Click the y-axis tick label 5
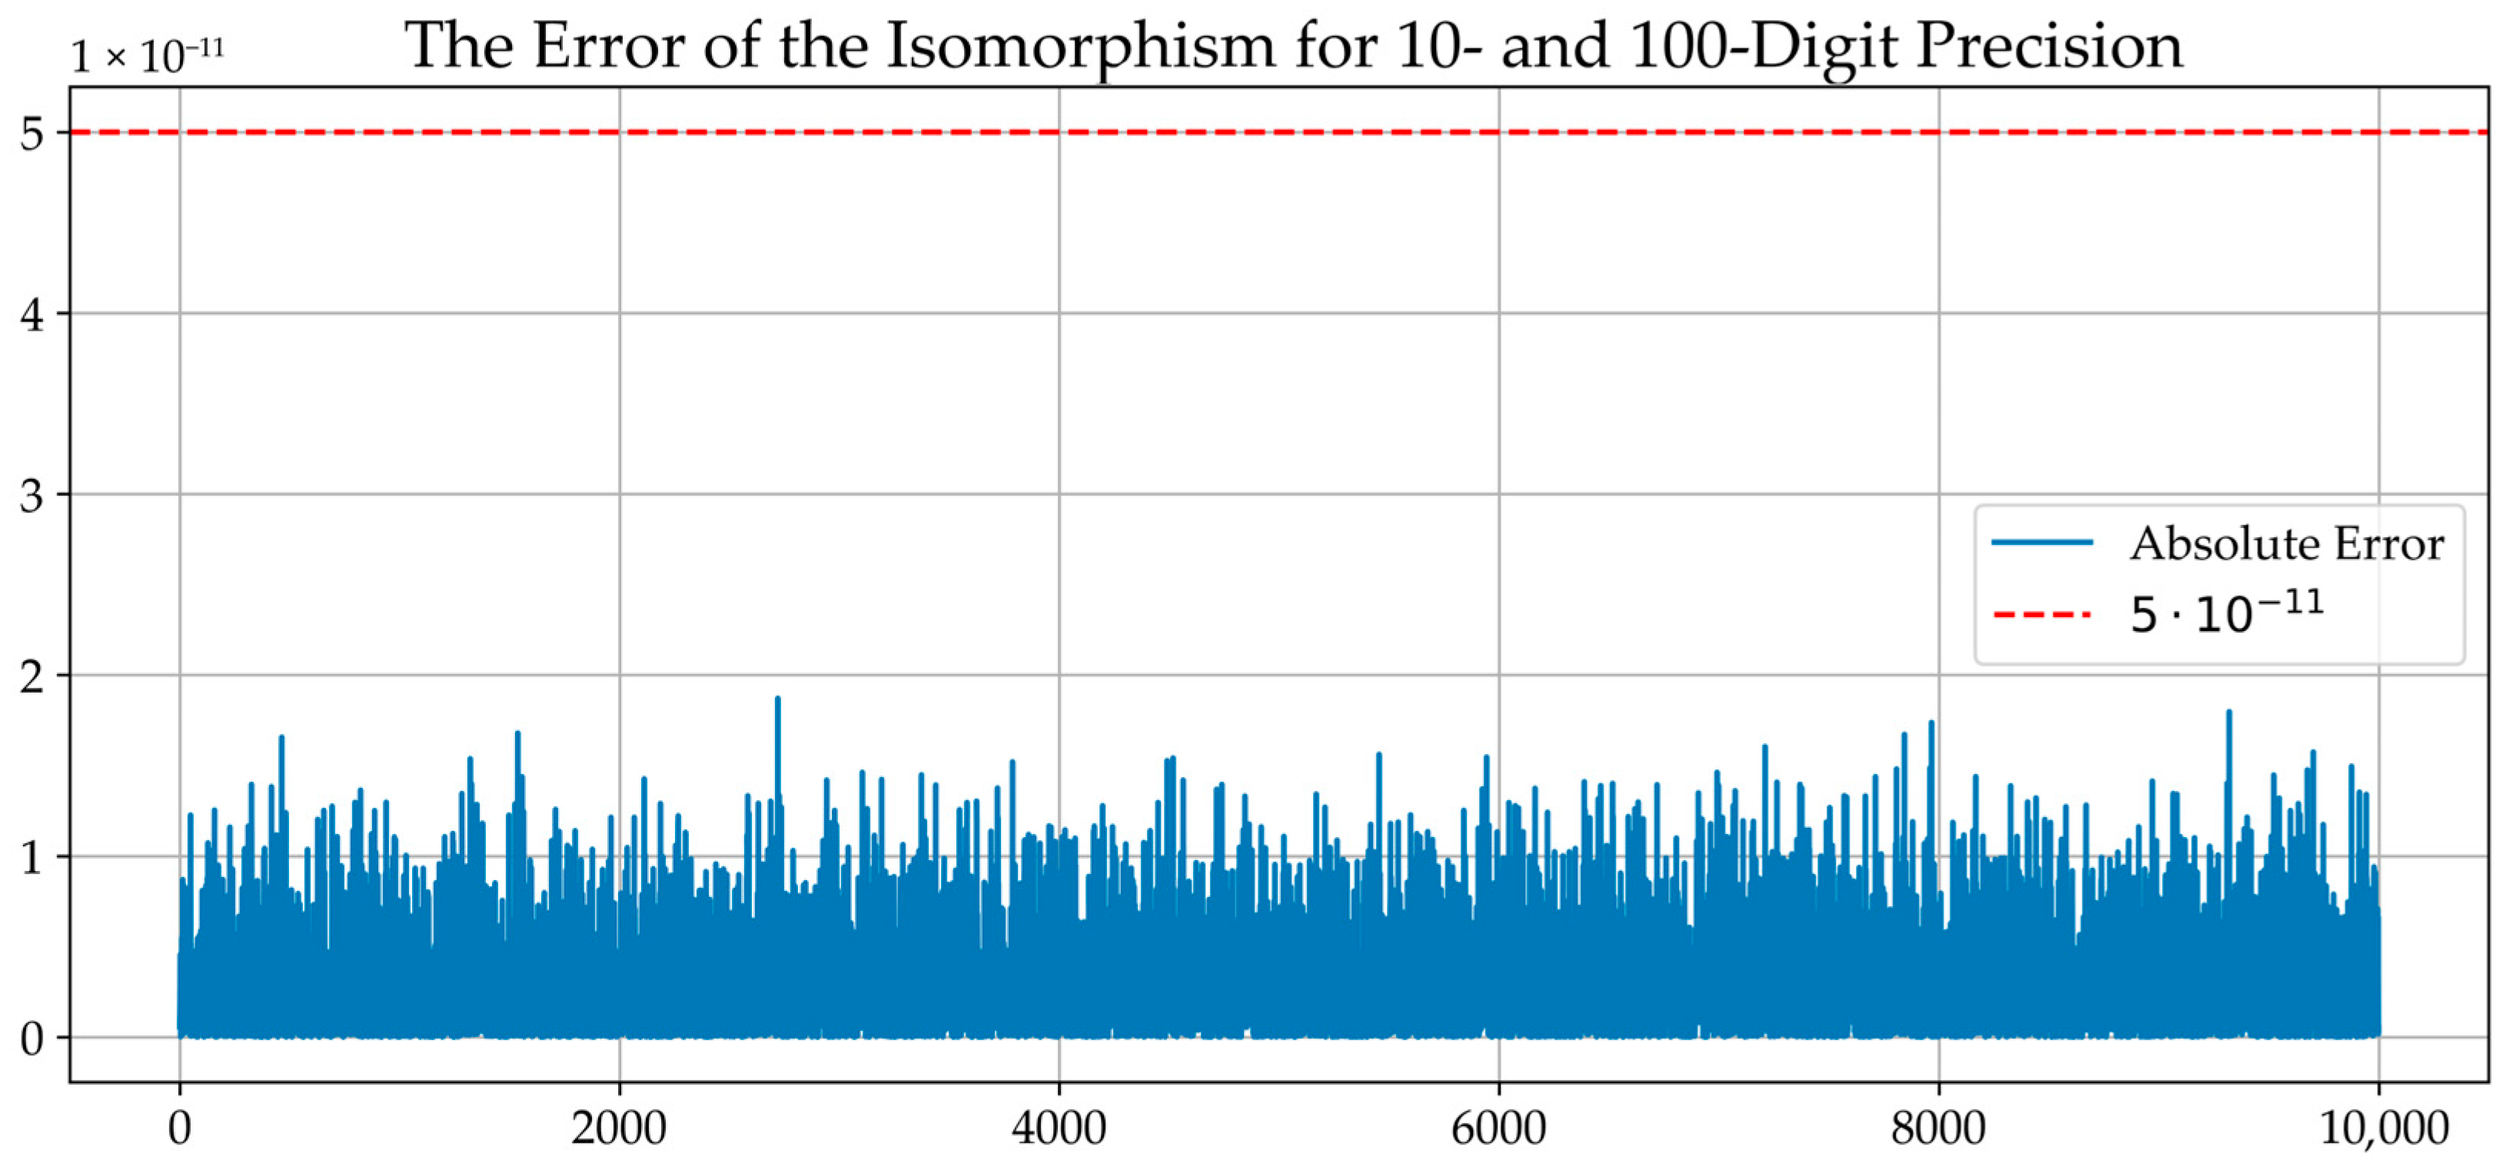pyautogui.click(x=32, y=133)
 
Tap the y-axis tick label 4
pyautogui.click(x=32, y=314)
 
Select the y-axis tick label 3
pyautogui.click(x=32, y=496)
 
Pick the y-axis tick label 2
pyautogui.click(x=32, y=676)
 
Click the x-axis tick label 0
pyautogui.click(x=179, y=1127)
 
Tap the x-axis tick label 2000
pyautogui.click(x=619, y=1127)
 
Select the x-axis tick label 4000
pyautogui.click(x=1059, y=1127)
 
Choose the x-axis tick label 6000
pyautogui.click(x=1499, y=1127)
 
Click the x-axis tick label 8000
pyautogui.click(x=1939, y=1127)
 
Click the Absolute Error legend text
pyautogui.click(x=2287, y=543)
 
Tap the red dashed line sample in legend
pyautogui.click(x=2042, y=614)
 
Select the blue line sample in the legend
pyautogui.click(x=2042, y=542)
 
